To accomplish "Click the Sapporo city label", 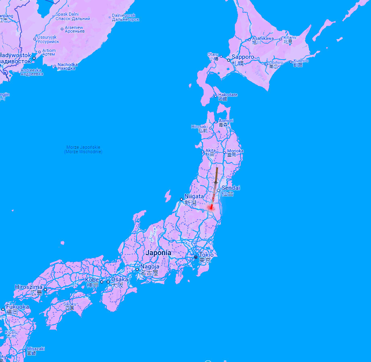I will point(242,57).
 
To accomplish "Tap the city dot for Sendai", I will point(218,190).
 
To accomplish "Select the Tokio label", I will point(206,255).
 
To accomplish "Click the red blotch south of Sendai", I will point(210,207).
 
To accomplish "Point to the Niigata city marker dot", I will point(181,199).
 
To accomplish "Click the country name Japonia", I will point(158,253).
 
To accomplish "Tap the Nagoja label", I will point(149,266).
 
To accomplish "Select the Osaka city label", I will point(120,279).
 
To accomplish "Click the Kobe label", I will point(92,279).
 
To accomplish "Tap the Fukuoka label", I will point(17,307).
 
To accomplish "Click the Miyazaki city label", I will point(36,349).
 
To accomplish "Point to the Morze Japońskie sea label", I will point(83,147).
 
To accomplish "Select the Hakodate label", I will point(228,95).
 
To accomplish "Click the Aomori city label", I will point(226,121).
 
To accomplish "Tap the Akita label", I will point(211,150).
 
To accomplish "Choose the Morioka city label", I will point(235,151).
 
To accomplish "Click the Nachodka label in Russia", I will point(67,64).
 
